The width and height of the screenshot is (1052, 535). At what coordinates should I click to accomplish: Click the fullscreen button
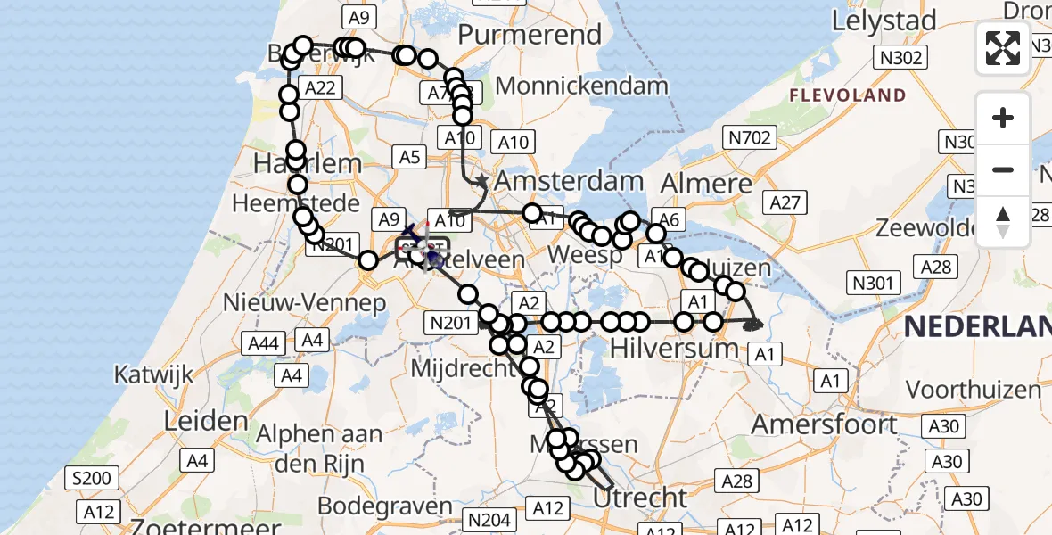pyautogui.click(x=1003, y=48)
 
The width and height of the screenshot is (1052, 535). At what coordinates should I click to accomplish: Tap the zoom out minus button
pyautogui.click(x=1003, y=169)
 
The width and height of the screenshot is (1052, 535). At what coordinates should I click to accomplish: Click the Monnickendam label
pyautogui.click(x=581, y=86)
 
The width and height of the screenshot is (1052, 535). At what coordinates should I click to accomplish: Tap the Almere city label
pyautogui.click(x=707, y=185)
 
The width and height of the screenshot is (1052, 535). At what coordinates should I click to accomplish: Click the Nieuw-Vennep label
pyautogui.click(x=305, y=302)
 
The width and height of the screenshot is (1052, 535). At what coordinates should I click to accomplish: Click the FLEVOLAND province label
pyautogui.click(x=847, y=95)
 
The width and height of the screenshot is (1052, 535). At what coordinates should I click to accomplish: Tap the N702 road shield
pyautogui.click(x=750, y=137)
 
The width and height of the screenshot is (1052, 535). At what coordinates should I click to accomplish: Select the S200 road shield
pyautogui.click(x=91, y=479)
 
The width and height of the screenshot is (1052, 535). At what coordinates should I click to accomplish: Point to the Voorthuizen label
pyautogui.click(x=973, y=390)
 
